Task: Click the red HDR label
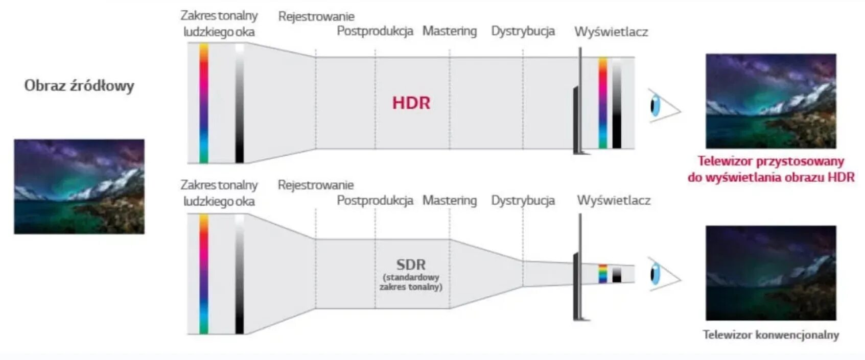tap(411, 103)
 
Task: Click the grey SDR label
tap(411, 265)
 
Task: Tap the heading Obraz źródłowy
tap(79, 85)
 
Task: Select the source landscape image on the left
tap(79, 186)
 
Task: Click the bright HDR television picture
tap(770, 101)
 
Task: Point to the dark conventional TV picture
tap(770, 273)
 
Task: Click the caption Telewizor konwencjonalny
tap(770, 335)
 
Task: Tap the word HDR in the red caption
tap(841, 178)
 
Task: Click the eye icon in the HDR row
tap(657, 106)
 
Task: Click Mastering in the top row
tap(449, 31)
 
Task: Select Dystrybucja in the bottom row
tap(523, 201)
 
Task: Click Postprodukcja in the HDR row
tap(375, 31)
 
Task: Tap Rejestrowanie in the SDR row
tap(315, 185)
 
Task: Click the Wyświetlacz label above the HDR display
tap(611, 32)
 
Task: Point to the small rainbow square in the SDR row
tap(603, 274)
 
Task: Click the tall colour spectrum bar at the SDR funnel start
tap(204, 274)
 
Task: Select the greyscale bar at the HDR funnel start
tap(240, 103)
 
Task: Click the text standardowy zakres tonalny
tap(411, 282)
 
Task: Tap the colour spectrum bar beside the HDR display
tap(603, 103)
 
